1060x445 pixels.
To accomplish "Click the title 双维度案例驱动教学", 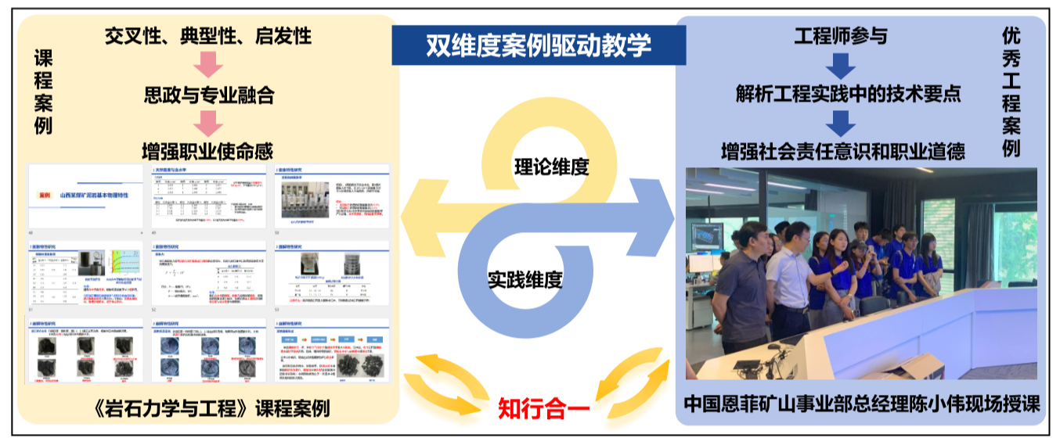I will [539, 45].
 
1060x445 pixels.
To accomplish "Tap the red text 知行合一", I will [543, 408].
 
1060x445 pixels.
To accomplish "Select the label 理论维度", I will [551, 167].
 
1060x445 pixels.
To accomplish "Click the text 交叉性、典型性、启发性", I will [208, 36].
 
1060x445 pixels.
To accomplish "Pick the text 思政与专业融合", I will [209, 95].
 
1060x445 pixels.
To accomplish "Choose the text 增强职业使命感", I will [208, 151].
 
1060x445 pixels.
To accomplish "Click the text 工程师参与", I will [841, 36].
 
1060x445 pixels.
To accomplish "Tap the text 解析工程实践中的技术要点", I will [848, 94].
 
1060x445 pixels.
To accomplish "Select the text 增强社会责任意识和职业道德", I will [842, 150].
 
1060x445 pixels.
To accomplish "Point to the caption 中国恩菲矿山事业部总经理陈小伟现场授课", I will [861, 405].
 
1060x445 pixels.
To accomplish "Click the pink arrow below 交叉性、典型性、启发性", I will [208, 65].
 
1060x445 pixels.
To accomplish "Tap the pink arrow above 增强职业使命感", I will [208, 123].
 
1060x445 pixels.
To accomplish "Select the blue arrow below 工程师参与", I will [841, 65].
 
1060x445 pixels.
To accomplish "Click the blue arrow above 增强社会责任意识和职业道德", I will [841, 123].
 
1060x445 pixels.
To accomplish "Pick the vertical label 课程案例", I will [43, 92].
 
